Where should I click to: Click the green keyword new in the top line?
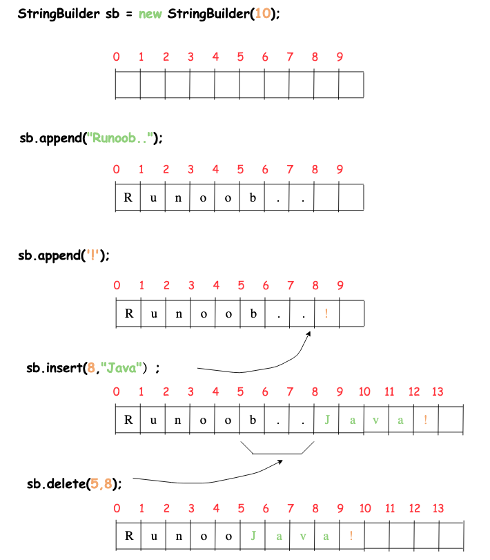[150, 15]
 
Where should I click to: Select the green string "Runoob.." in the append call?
[121, 138]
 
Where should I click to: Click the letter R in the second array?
[128, 198]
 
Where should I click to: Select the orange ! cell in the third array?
[326, 314]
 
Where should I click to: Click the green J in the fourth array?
[326, 420]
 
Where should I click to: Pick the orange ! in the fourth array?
[426, 420]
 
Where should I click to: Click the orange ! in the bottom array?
[351, 535]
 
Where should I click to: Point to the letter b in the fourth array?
[253, 420]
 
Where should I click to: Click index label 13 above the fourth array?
[438, 392]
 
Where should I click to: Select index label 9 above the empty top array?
[340, 57]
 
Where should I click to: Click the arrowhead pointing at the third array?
[308, 334]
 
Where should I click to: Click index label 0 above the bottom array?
[116, 508]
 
